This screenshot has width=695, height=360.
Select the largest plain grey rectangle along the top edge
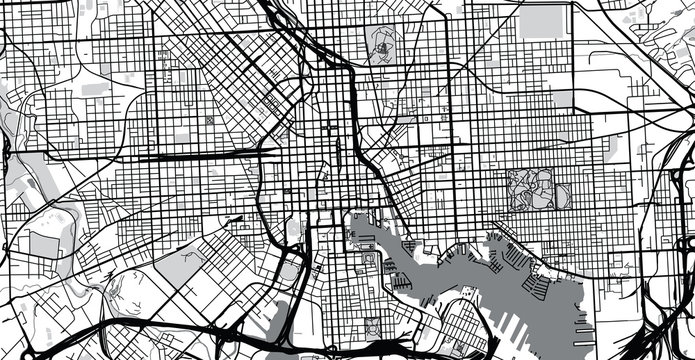pyautogui.click(x=541, y=20)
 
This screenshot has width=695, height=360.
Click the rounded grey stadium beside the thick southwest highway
pyautogui.click(x=291, y=269)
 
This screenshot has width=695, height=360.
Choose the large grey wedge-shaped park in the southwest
pyautogui.click(x=181, y=265)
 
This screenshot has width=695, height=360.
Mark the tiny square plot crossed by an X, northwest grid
pyautogui.click(x=209, y=121)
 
